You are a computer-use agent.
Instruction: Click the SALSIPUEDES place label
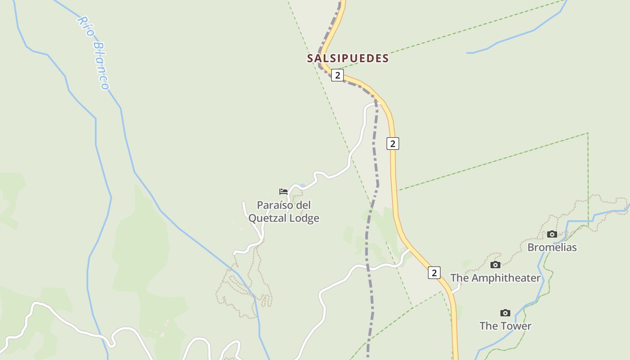coord(348,58)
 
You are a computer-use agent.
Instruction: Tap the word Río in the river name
coord(85,27)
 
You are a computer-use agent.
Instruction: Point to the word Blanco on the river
coord(101,65)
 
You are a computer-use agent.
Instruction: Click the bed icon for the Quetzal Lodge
coord(283,192)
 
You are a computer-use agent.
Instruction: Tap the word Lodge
coord(305,218)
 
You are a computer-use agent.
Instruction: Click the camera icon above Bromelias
coord(552,234)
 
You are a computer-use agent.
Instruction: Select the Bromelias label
coord(552,247)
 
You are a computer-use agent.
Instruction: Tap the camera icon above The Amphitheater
coord(495,265)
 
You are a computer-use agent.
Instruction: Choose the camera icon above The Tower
coord(505,313)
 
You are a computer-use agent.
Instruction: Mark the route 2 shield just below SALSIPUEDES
coord(337,75)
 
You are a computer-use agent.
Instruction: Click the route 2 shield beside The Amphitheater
coord(434,273)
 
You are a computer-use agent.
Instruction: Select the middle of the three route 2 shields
coord(393,144)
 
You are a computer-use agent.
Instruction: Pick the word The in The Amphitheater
coord(460,278)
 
